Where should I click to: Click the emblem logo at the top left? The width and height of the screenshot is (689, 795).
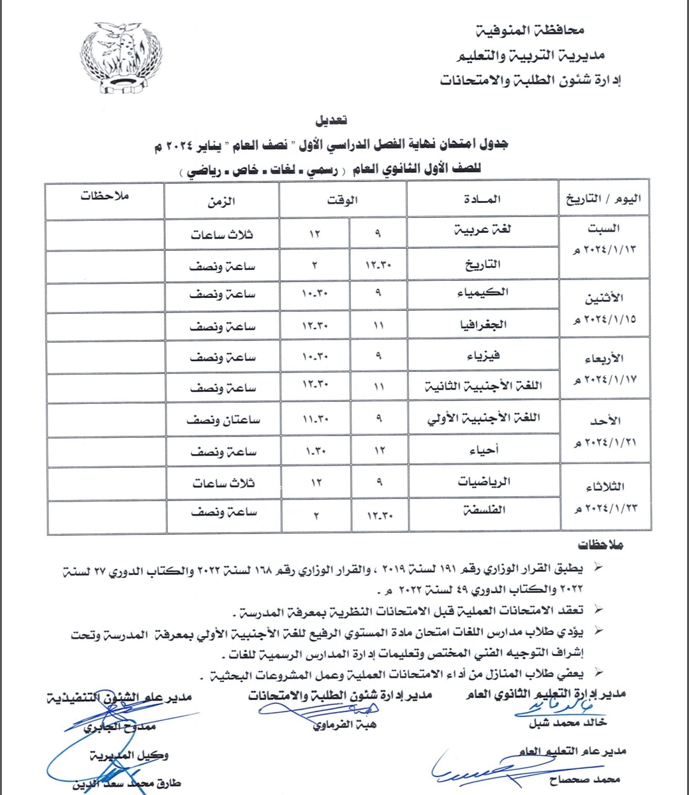coord(121,57)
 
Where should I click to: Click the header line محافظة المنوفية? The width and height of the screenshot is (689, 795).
coord(530,30)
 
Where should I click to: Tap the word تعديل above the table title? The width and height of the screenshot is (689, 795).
coord(332,120)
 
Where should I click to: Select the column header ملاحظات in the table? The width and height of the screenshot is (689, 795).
coord(105,196)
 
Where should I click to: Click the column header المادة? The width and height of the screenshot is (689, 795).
coord(482,200)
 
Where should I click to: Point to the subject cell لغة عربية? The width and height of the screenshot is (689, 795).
coord(482,230)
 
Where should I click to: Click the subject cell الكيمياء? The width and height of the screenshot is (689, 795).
coord(483,293)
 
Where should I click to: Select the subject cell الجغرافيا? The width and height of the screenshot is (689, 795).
coord(484,325)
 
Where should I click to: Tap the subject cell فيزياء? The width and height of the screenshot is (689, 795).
coord(484,355)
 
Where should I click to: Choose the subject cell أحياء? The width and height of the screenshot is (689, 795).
coord(484,450)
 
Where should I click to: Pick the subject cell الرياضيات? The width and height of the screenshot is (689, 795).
coord(484,482)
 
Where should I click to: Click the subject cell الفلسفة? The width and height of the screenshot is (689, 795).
coord(484,510)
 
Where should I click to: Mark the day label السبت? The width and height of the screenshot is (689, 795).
coord(604,228)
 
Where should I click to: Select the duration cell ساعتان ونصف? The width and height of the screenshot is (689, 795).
coord(223,420)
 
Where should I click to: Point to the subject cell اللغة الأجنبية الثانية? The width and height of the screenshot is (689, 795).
coord(484,387)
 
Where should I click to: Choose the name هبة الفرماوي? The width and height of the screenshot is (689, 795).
coord(345,725)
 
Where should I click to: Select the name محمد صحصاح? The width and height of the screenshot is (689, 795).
coord(584,779)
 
